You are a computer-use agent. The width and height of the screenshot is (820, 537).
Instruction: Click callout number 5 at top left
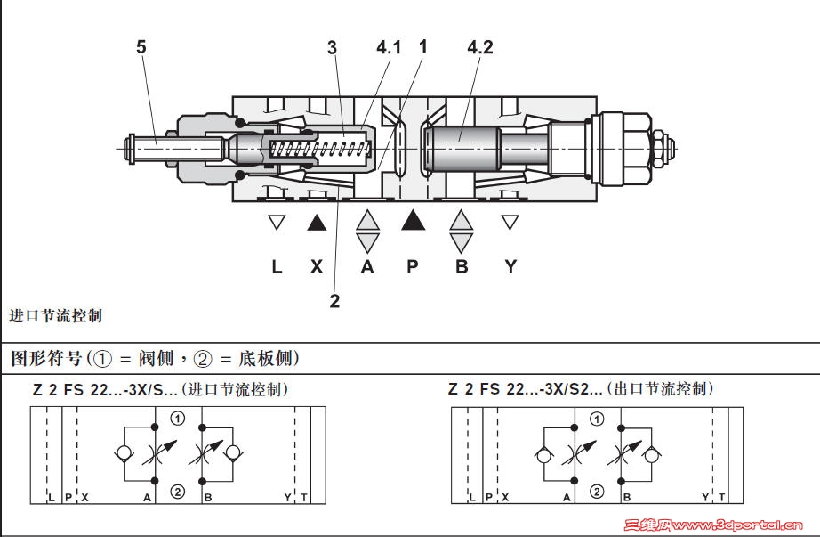click(x=141, y=46)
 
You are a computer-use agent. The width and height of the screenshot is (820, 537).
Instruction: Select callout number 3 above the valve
click(x=332, y=48)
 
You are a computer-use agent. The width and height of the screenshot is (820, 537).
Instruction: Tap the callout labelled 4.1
click(x=389, y=48)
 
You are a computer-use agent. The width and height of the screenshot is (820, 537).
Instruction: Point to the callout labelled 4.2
click(x=479, y=48)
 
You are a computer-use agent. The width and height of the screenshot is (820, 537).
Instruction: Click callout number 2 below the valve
click(x=334, y=301)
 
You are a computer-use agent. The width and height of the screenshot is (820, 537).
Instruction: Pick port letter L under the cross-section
click(x=277, y=266)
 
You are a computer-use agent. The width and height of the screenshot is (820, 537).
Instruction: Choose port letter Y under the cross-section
click(x=510, y=266)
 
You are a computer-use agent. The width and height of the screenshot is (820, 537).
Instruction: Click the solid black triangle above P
click(x=413, y=221)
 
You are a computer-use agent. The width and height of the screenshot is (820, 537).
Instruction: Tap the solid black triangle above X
click(x=317, y=223)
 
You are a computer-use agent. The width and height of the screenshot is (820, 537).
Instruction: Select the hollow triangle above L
click(x=277, y=222)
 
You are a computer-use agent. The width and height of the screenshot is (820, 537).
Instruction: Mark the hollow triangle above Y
click(x=510, y=222)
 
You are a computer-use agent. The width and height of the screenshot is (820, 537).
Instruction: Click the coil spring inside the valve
click(x=320, y=150)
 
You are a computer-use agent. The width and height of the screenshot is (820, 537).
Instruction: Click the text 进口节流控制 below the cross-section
click(x=55, y=316)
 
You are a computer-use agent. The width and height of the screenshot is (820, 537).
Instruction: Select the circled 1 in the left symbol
click(x=178, y=418)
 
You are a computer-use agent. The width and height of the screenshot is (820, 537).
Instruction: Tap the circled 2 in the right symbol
click(x=597, y=492)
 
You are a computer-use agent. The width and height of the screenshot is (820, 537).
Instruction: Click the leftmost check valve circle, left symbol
click(x=124, y=453)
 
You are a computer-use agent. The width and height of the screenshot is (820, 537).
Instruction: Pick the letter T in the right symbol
click(x=721, y=497)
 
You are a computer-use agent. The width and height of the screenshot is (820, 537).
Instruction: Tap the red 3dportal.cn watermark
click(x=712, y=525)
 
